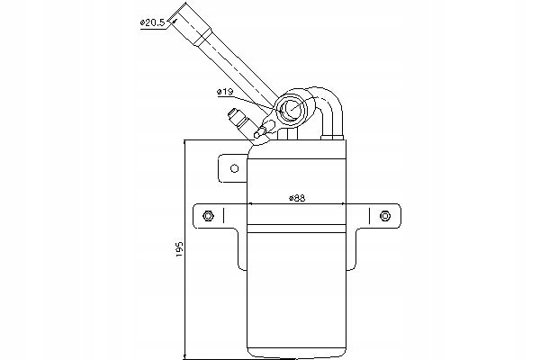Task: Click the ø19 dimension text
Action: [x=226, y=93]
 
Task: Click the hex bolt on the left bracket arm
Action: [x=209, y=215]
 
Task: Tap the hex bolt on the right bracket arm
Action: [x=385, y=215]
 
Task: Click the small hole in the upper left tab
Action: [x=232, y=167]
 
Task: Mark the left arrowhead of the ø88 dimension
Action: [x=251, y=205]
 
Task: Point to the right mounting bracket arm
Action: [x=378, y=225]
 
